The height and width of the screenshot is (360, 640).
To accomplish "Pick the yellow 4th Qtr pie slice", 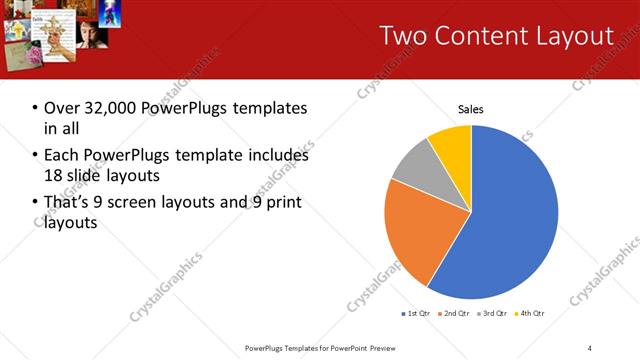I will [453, 144].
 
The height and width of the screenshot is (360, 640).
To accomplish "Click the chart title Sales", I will [470, 108].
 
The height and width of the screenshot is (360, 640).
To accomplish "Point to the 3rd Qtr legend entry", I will [492, 314].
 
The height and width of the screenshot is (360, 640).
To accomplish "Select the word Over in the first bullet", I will [62, 108].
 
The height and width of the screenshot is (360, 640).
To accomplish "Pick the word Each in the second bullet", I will [62, 156].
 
